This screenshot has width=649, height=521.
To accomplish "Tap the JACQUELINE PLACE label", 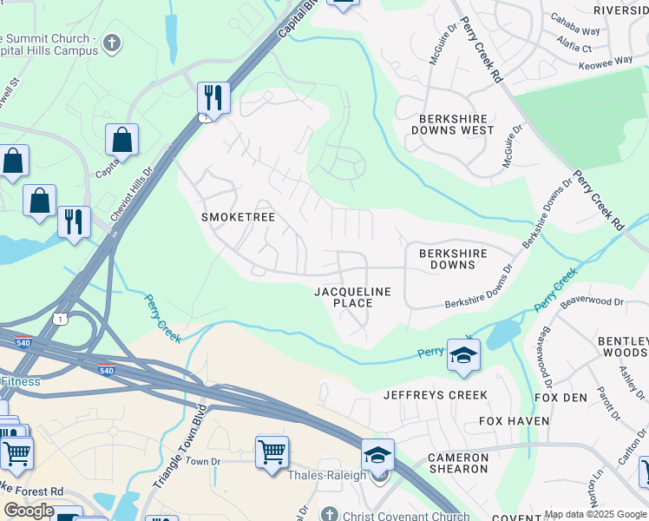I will tap(352, 297).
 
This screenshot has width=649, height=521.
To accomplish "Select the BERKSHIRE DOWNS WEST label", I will tap(456, 124).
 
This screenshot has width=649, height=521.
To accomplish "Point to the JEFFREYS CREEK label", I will tap(436, 395).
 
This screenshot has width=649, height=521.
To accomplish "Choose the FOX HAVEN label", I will tap(515, 421).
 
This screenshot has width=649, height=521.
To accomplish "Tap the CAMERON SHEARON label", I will tap(459, 463).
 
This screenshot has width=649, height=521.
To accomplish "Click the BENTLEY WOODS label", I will tap(623, 347).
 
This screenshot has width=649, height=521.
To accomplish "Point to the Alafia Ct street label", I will tap(574, 49).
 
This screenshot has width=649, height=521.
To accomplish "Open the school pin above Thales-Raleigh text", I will tap(377, 455).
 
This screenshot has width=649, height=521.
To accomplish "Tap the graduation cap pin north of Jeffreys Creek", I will tap(463, 355).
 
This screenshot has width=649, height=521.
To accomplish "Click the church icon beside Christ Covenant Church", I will tap(329, 514).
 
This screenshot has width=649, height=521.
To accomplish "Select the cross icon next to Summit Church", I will tap(111, 43).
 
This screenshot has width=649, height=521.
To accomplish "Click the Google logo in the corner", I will tap(29, 511).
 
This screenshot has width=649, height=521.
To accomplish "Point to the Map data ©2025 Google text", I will tap(595, 514).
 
